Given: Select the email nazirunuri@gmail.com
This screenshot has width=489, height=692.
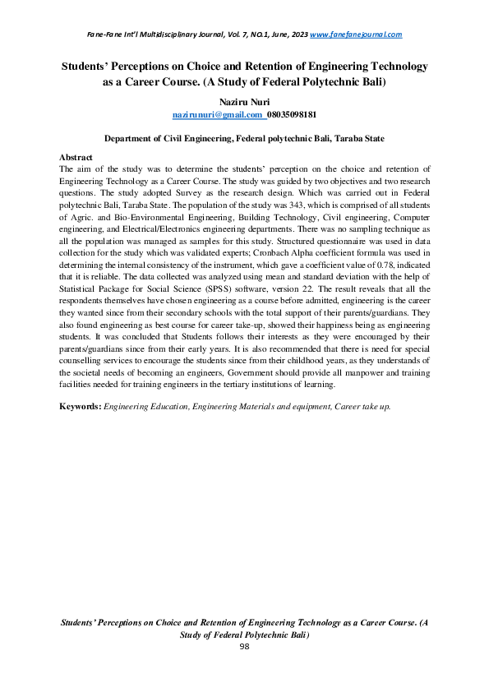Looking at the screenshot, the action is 217,114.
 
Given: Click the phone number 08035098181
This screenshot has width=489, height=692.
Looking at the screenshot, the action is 293,114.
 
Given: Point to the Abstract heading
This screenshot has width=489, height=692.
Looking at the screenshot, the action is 76,156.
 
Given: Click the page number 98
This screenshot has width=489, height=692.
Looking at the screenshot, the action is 244,647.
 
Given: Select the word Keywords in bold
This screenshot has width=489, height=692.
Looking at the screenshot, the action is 81,407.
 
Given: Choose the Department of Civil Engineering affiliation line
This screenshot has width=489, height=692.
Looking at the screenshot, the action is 244,140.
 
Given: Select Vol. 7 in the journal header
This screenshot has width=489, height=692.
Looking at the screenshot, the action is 238,35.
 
